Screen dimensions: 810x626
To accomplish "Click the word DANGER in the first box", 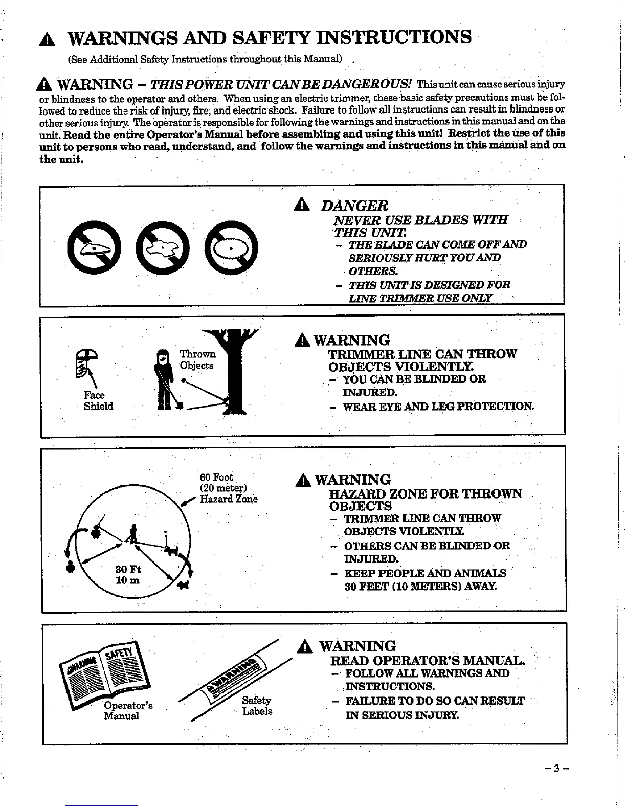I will (x=354, y=206).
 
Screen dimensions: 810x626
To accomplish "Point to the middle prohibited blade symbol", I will (x=163, y=249).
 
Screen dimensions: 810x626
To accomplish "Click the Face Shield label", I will (x=98, y=401).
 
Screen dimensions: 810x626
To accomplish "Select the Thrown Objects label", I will (x=197, y=359).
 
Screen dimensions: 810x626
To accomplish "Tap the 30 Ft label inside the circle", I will (x=128, y=570).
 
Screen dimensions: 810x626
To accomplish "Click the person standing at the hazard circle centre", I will (x=133, y=534).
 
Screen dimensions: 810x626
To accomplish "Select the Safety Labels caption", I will (x=257, y=706).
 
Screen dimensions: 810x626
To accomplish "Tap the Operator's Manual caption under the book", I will (x=127, y=711).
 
